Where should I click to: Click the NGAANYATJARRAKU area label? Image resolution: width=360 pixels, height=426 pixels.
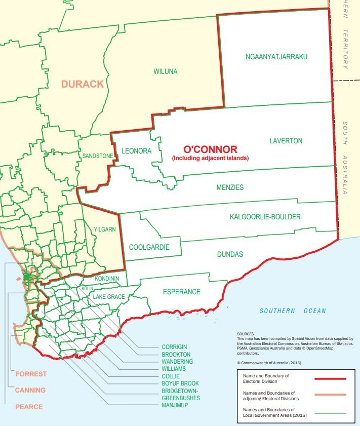point(276,56)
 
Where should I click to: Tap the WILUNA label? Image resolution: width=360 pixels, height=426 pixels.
point(166,71)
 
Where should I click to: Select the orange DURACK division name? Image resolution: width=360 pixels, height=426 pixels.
point(83,84)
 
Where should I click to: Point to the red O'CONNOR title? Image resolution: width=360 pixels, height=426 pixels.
point(210,149)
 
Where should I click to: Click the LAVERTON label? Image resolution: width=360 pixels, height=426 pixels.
point(286,141)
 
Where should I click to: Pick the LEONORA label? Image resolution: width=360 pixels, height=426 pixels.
point(137,151)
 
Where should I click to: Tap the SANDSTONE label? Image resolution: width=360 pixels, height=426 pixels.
point(98,156)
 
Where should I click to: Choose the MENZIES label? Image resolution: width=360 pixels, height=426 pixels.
point(230,187)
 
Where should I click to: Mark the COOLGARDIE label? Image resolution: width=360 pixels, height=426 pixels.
point(149,247)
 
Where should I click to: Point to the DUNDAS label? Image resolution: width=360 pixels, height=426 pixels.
point(230,254)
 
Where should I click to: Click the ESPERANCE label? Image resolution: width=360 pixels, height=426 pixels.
point(182,292)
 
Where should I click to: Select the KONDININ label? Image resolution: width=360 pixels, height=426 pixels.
point(107,279)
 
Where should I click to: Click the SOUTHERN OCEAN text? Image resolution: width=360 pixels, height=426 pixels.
point(293,311)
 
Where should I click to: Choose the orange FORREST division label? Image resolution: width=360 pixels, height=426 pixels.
point(31,374)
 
